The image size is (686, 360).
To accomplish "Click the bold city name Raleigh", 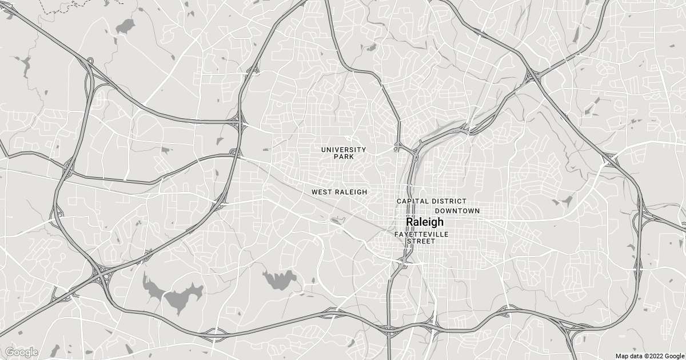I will (424, 222).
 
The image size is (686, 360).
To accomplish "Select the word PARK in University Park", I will (344, 157).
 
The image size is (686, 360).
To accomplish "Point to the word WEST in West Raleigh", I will (321, 193).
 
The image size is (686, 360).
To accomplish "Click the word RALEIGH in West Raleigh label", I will (350, 193).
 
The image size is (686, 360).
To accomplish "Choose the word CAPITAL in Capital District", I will (413, 202).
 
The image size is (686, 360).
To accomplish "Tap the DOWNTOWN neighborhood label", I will (457, 211).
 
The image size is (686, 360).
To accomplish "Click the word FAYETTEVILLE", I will (422, 235).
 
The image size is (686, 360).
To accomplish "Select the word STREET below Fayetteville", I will (421, 241).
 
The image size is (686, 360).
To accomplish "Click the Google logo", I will (22, 352).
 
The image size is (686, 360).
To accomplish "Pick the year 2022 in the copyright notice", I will (656, 355).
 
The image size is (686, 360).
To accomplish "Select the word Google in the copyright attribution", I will (673, 355).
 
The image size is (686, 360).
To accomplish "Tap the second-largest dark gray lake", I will (280, 279).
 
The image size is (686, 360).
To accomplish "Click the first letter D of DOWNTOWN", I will (437, 211).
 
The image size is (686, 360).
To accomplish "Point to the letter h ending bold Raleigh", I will (440, 222).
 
